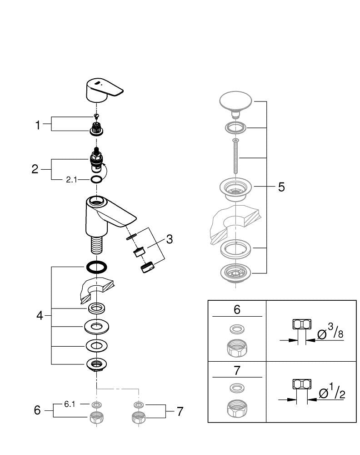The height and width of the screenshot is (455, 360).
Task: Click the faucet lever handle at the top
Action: point(103,90)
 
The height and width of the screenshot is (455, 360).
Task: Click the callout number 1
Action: point(38,125)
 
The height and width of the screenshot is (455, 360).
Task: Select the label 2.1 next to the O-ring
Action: point(71,180)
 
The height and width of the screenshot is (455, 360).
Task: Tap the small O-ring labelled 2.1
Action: point(96,180)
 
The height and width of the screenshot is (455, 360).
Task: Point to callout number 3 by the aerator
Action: point(169,239)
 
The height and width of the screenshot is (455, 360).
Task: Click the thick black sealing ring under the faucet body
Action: point(96,267)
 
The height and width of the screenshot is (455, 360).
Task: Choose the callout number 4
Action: point(40,315)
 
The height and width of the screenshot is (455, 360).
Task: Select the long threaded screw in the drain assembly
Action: point(235,156)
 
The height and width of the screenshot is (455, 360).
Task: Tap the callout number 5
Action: point(281,187)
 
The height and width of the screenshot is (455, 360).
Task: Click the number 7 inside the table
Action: point(237,370)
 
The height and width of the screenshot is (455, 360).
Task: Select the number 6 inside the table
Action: point(237,309)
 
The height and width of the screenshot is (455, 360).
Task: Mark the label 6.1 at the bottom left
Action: point(70,404)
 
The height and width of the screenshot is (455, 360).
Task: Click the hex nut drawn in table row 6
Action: point(237,348)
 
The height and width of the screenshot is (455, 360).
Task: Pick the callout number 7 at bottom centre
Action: point(180,411)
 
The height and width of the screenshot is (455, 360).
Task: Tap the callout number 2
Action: point(35,169)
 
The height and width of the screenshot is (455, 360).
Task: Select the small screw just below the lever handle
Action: point(96,116)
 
